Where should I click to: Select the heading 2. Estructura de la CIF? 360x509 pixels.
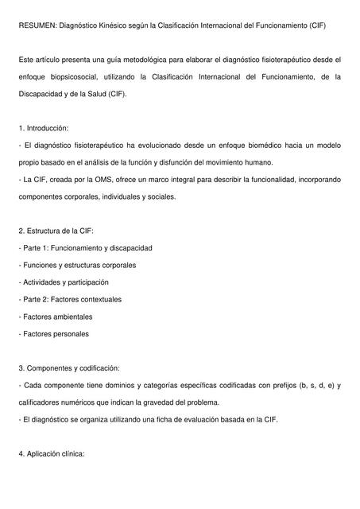click(x=56, y=231)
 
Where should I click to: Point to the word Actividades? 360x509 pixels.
click(x=43, y=282)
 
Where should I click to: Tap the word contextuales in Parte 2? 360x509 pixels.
click(x=99, y=300)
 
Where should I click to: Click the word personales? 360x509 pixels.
click(x=68, y=334)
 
